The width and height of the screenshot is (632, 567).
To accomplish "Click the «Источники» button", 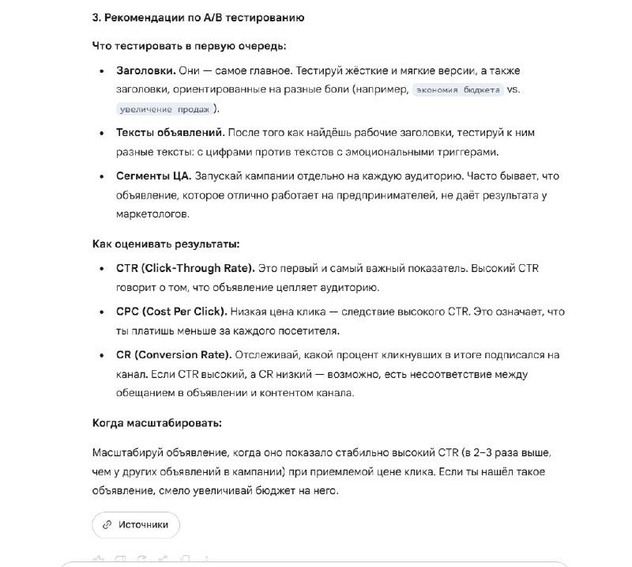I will click(135, 524).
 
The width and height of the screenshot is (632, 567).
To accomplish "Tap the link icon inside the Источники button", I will click(107, 524).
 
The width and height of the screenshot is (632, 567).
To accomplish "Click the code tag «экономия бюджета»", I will click(458, 89).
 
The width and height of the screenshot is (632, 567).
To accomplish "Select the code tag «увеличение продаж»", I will click(164, 109).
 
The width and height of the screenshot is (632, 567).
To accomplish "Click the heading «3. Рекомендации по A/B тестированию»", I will click(197, 17).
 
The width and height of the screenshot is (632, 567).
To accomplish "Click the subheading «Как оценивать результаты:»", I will click(166, 244).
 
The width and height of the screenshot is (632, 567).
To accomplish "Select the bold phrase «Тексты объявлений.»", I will click(170, 133).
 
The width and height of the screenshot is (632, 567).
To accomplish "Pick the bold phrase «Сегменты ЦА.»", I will click(153, 176).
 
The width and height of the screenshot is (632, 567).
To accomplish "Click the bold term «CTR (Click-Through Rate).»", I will click(185, 268).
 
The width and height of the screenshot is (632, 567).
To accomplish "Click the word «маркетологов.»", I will click(152, 214).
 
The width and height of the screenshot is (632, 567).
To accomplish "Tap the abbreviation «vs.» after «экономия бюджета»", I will click(513, 89).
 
